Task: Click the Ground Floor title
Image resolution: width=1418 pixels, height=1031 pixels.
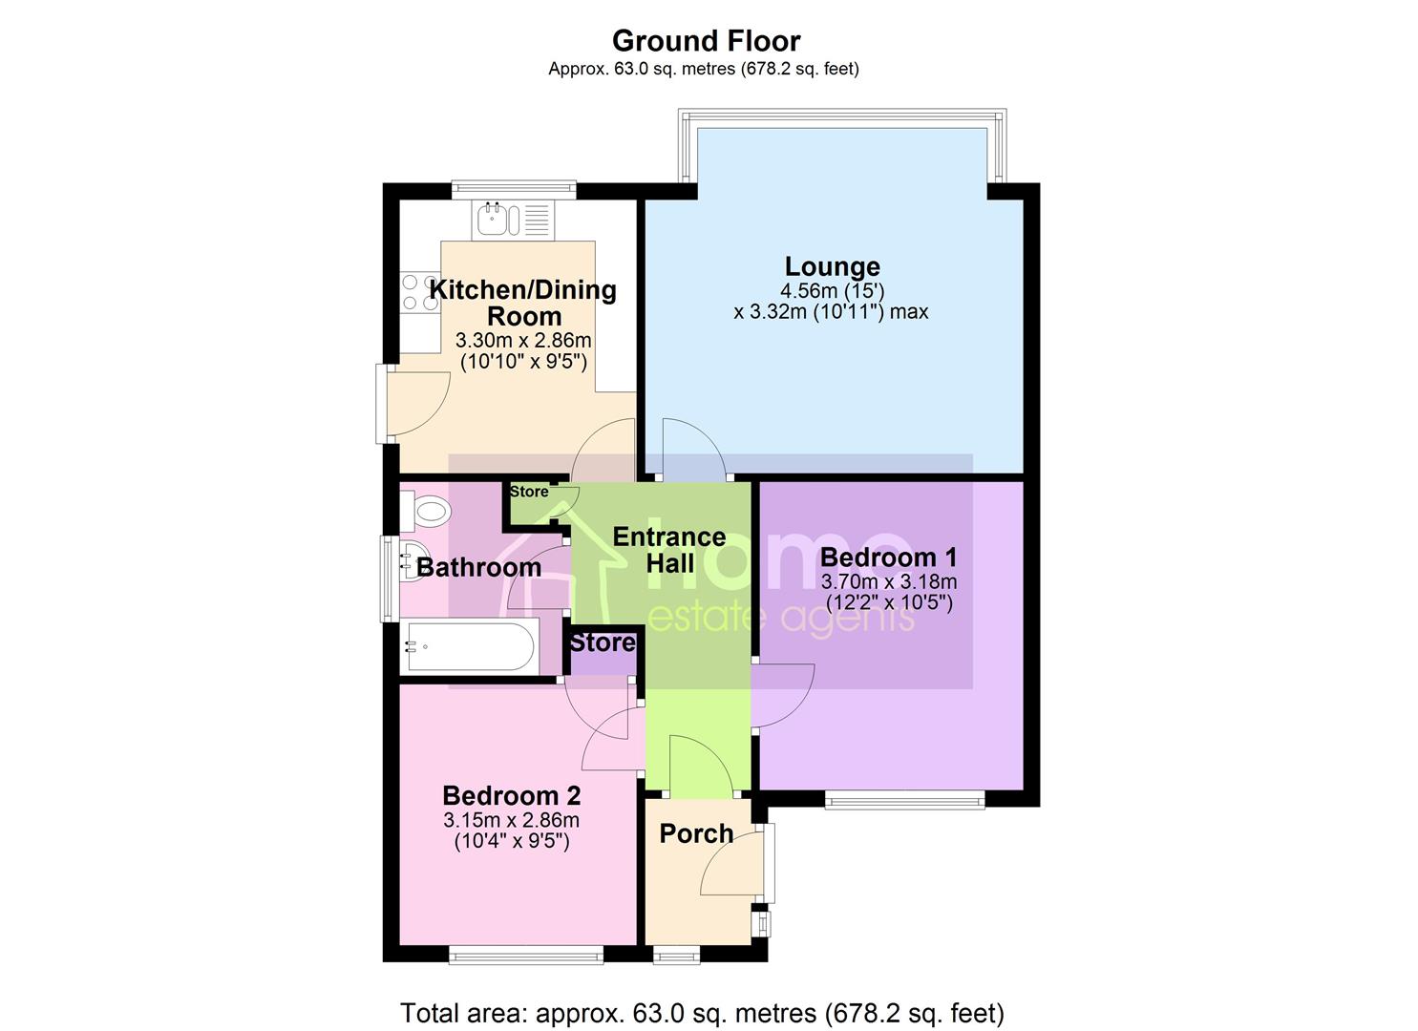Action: point(706,41)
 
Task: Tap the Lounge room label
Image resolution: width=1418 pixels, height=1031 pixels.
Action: point(833,266)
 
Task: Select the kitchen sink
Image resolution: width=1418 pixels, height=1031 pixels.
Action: point(513,220)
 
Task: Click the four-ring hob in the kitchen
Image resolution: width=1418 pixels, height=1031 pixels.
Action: point(420,292)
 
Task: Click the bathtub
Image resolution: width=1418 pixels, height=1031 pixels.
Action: point(469,646)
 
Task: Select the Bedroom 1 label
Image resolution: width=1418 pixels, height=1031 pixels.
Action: point(888,558)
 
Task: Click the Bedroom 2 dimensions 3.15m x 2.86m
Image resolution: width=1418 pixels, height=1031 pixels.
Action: point(512,820)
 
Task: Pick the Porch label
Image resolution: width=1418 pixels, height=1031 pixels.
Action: point(696,833)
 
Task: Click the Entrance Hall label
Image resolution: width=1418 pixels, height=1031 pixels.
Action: point(669,550)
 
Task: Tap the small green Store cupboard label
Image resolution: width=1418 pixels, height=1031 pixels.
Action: point(529,492)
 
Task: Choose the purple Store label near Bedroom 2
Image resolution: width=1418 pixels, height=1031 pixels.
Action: point(602,643)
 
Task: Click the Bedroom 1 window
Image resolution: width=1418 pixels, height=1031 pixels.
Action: point(904,801)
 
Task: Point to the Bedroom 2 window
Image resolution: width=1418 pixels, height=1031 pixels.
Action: point(526,956)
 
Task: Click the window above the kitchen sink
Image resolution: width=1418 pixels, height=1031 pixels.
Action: point(514,190)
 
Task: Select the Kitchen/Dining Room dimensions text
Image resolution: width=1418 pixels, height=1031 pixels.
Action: point(523,351)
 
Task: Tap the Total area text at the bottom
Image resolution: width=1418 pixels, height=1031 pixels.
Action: point(702,1013)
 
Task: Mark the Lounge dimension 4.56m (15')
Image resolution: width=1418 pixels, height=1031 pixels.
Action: point(833,291)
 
